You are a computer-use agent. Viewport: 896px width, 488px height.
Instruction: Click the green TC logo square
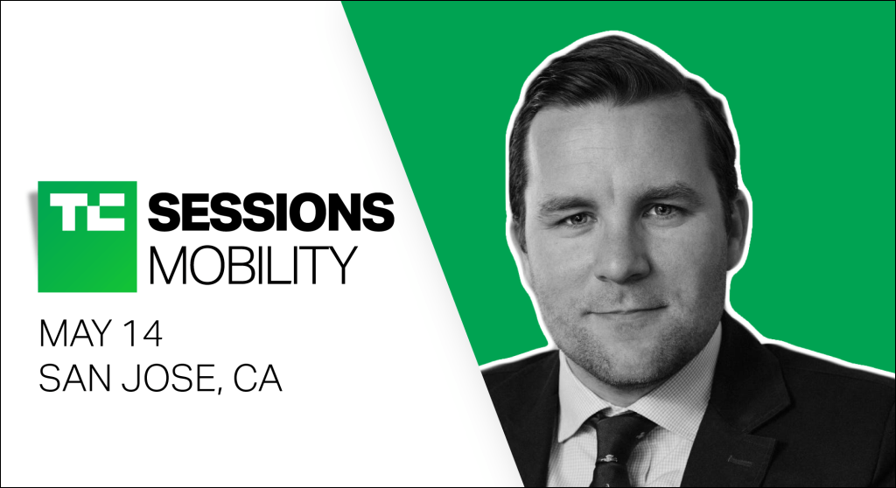click(x=87, y=237)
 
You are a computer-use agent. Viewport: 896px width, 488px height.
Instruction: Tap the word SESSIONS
click(x=271, y=212)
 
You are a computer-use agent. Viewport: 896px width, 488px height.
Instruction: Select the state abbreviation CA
click(x=257, y=379)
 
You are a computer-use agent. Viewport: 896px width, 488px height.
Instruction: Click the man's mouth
click(x=627, y=311)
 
